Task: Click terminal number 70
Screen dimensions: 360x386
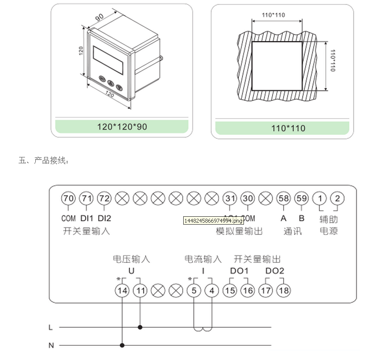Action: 69,198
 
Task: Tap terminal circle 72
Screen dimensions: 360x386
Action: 104,198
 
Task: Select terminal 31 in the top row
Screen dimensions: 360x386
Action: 230,198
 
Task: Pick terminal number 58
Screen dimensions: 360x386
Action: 283,198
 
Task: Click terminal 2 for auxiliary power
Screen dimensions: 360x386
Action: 337,198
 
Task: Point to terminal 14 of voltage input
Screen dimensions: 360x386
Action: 122,290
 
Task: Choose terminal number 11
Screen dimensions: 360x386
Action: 141,290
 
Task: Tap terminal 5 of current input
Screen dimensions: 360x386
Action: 194,290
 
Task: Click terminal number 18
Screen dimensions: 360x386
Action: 284,290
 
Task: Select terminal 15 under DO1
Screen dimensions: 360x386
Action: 230,290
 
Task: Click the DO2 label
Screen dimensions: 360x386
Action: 274,271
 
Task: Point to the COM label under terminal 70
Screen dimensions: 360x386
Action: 69,218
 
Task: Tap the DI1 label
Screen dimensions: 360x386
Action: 87,218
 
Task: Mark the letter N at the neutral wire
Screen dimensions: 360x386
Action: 51,345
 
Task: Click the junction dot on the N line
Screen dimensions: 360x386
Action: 122,345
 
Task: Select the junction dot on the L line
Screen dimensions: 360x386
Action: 141,327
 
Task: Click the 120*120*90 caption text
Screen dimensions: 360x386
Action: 122,127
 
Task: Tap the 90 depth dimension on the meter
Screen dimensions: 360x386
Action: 99,17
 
